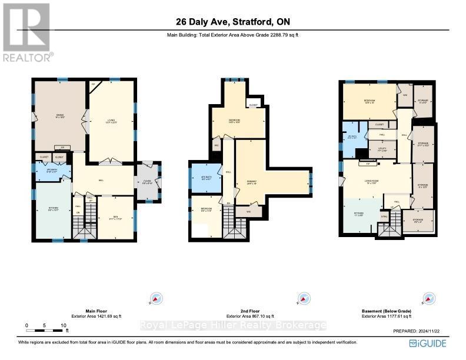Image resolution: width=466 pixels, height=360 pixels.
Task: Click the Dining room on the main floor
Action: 59,116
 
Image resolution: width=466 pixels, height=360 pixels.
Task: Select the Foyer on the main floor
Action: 148,182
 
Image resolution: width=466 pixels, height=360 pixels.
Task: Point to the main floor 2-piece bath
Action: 52,172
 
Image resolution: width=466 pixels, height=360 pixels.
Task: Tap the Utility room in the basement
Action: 382,149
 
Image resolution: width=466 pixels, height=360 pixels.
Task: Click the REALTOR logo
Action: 27,32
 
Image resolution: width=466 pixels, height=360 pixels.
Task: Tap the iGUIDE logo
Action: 430,343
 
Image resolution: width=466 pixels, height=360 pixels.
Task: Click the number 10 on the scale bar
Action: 63,325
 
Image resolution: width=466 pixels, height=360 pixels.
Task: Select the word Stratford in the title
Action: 252,22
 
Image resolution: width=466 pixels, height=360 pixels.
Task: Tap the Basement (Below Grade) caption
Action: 387,311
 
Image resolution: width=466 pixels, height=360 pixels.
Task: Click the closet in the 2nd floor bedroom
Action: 253,105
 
